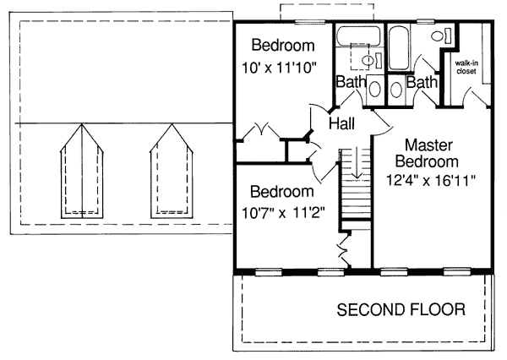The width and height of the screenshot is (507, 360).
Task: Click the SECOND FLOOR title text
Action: coord(401,309)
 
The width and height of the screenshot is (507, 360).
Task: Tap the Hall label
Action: coord(341,123)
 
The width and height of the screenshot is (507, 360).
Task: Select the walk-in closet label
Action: coord(466,68)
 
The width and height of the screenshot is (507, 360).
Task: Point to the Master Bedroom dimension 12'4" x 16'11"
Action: coord(431,181)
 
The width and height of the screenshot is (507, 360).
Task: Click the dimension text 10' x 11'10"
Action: coord(278,68)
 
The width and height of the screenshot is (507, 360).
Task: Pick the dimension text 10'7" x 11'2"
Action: coord(283,213)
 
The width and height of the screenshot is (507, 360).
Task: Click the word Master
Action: coord(428,145)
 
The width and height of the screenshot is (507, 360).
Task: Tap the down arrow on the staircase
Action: coord(357,163)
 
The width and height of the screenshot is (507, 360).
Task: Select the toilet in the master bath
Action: coord(441,35)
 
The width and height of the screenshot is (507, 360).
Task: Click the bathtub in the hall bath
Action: coord(358,35)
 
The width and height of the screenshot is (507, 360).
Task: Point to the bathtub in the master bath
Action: coord(398,47)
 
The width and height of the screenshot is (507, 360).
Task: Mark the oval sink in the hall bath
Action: coord(374,89)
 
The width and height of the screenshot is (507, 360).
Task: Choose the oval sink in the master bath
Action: coord(396,90)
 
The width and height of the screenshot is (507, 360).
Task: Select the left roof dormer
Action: coord(82,172)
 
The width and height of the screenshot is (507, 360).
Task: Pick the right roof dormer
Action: coord(172,172)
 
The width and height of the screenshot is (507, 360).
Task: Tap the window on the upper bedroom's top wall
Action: coord(310,22)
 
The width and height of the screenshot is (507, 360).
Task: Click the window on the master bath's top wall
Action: coord(425,22)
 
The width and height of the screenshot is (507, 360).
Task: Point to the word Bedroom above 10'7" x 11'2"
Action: coord(282,192)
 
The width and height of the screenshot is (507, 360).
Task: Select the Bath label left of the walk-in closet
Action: coord(422,82)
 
